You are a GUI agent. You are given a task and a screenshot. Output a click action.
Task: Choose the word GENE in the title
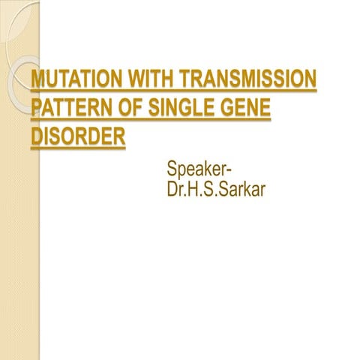243,109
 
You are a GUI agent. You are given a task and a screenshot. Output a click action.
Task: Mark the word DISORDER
77,138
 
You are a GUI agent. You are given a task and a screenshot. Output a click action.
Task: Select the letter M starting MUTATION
38,79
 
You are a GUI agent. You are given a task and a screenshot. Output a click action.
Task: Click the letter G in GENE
223,109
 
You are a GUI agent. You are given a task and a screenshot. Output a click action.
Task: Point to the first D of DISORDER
37,138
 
